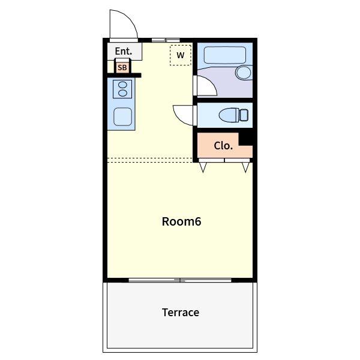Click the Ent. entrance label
pyautogui.click(x=123, y=51)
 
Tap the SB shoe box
pyautogui.click(x=122, y=67)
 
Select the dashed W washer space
pyautogui.click(x=181, y=55)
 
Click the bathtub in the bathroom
pyautogui.click(x=225, y=55)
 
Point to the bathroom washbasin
pyautogui.click(x=244, y=73)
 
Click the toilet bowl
pyautogui.click(x=229, y=115)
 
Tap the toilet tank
pyautogui.click(x=244, y=115)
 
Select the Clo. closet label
pyautogui.click(x=223, y=146)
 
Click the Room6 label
pyautogui.click(x=181, y=221)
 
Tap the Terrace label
pyautogui.click(x=181, y=313)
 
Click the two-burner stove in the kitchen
pyautogui.click(x=122, y=89)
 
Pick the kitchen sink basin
pyautogui.click(x=122, y=117)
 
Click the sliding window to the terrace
pyautogui.click(x=180, y=280)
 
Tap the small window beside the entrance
pyautogui.click(x=166, y=40)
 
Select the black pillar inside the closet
pyautogui.click(x=245, y=139)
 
